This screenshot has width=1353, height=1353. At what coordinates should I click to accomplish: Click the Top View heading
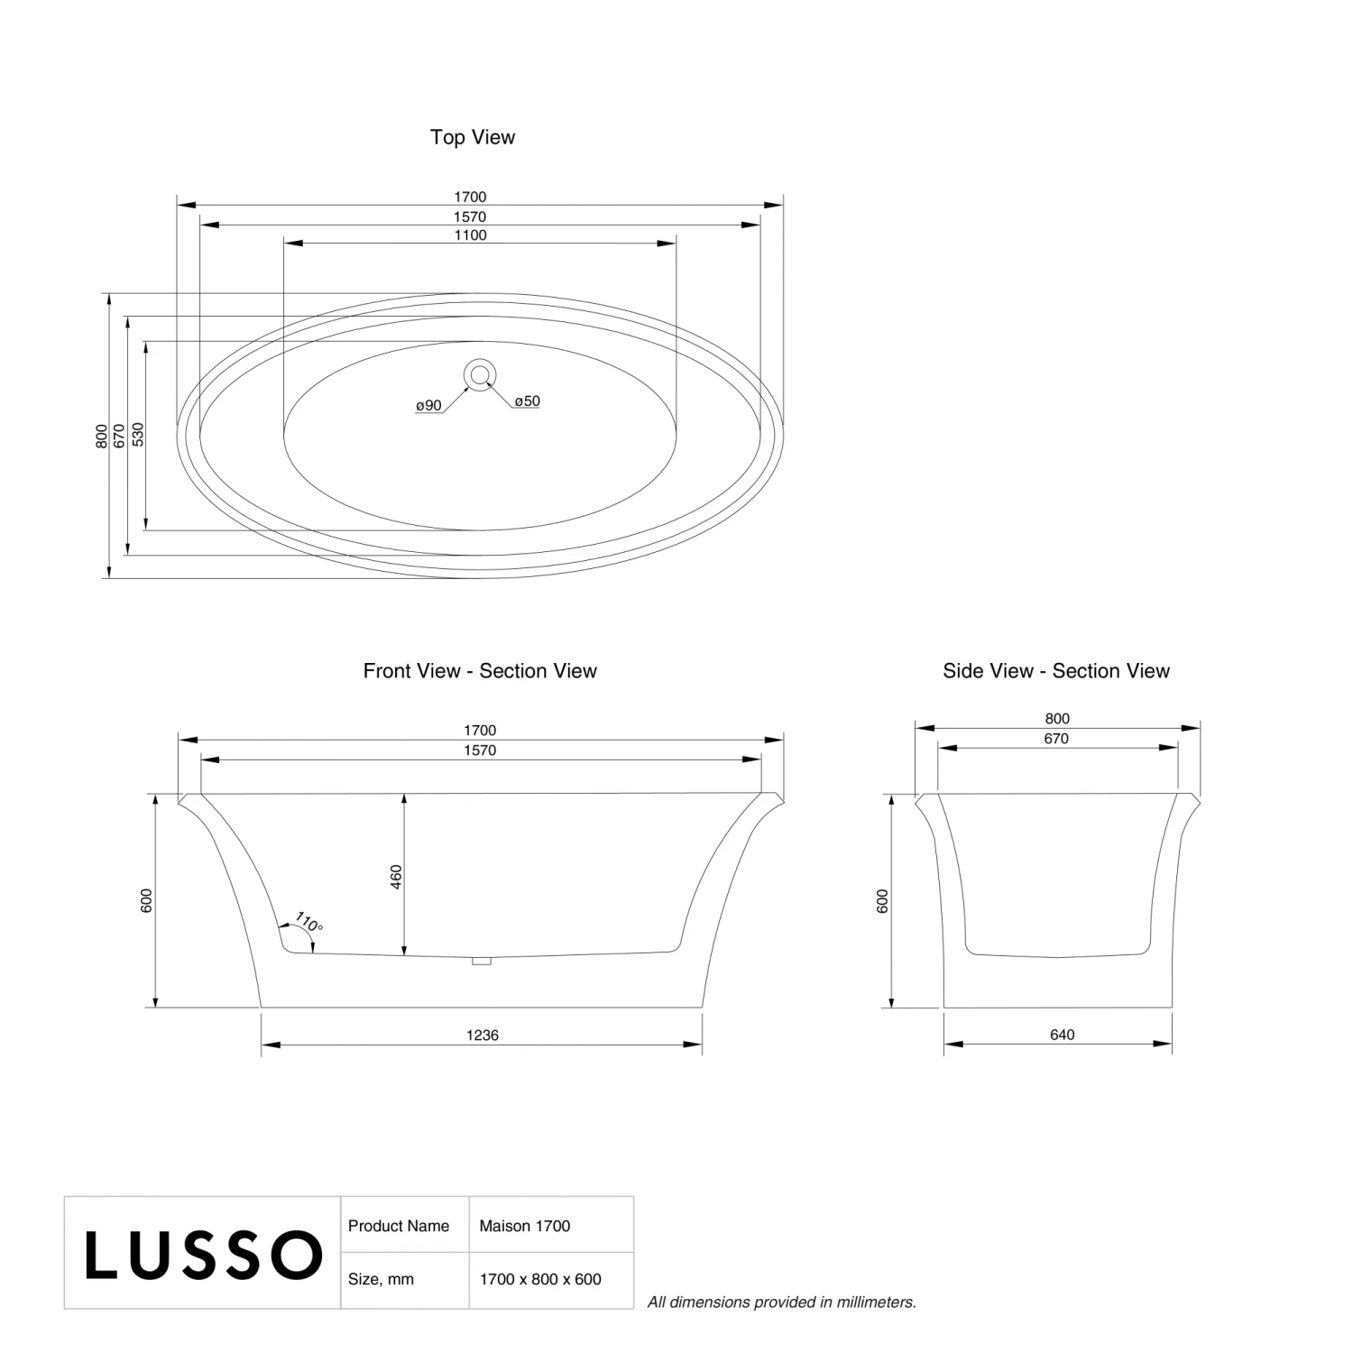[473, 137]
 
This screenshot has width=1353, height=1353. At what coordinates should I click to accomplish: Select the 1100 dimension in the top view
[470, 235]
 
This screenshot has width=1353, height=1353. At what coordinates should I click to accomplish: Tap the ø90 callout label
[428, 406]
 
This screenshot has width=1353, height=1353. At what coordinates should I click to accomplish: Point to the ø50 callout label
[528, 401]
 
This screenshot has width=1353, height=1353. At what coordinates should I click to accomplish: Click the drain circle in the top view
[481, 373]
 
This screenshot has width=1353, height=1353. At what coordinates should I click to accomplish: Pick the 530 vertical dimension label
[138, 435]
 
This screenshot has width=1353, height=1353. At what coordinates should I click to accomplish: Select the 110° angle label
[308, 923]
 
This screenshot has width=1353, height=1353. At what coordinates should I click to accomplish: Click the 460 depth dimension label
[396, 877]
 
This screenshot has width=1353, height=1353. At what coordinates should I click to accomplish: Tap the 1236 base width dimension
[483, 1035]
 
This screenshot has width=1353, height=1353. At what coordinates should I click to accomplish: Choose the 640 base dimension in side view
[1062, 1035]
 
